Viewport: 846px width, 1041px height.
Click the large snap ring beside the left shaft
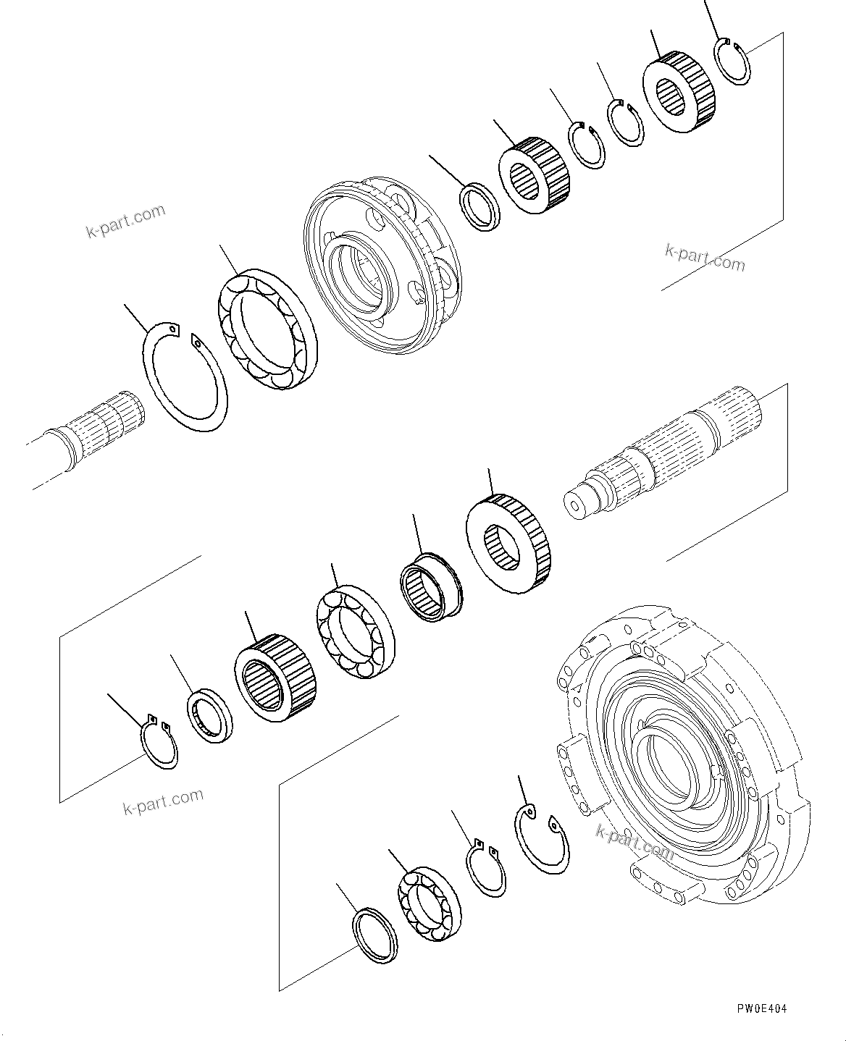(183, 378)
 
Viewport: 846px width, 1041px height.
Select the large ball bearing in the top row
(267, 330)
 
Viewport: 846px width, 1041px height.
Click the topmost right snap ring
(732, 62)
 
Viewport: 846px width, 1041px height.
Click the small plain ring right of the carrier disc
(481, 207)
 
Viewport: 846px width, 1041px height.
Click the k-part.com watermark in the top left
(125, 221)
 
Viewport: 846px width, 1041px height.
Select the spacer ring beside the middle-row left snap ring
(211, 716)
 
